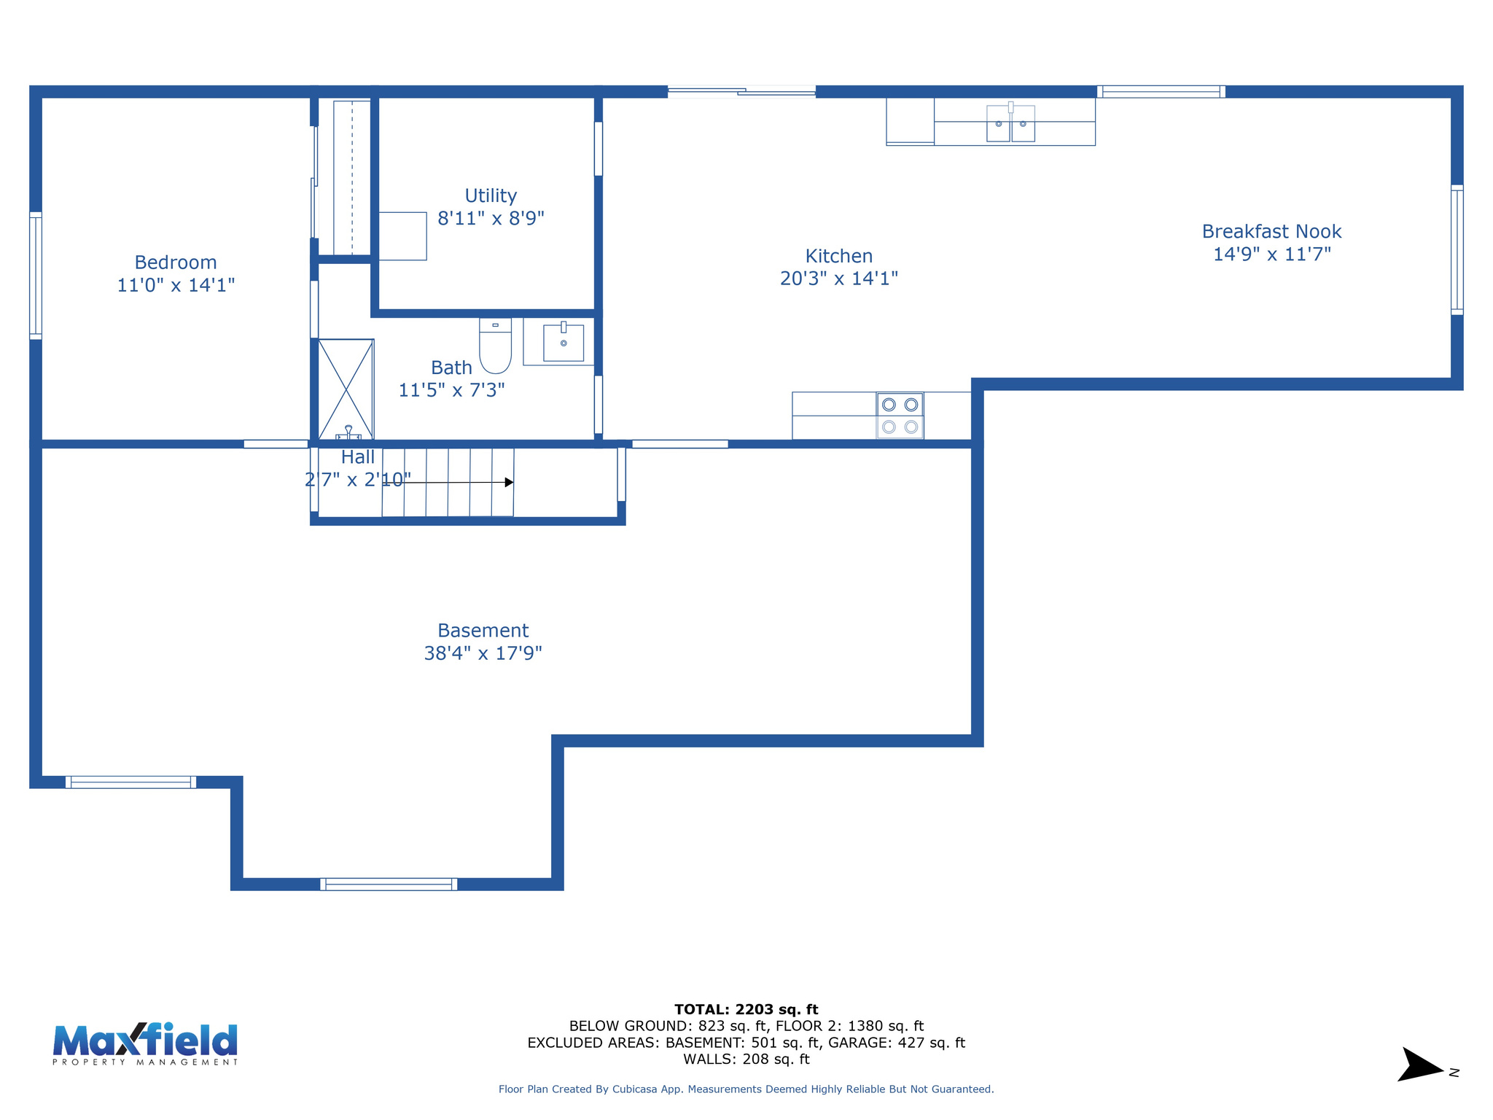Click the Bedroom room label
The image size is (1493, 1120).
tap(176, 262)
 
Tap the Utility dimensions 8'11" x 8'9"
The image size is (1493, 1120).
tap(491, 218)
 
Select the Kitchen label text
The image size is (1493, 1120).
tap(838, 256)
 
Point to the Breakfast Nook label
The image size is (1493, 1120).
tap(1271, 232)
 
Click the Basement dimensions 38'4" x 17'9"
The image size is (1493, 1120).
tap(483, 653)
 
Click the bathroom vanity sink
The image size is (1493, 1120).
tap(563, 342)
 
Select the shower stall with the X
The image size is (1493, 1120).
tap(346, 389)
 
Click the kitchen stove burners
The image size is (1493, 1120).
tap(900, 416)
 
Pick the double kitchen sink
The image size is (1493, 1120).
tap(1010, 123)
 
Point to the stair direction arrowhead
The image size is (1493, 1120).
tap(509, 482)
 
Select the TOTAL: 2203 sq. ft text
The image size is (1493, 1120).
tap(746, 1009)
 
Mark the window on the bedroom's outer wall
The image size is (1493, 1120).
tap(35, 275)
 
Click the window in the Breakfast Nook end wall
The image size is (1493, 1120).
tap(1457, 249)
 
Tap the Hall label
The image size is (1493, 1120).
tap(357, 457)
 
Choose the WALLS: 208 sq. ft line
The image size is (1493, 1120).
tap(746, 1059)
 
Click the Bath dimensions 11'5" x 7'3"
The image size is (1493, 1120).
tap(451, 390)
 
